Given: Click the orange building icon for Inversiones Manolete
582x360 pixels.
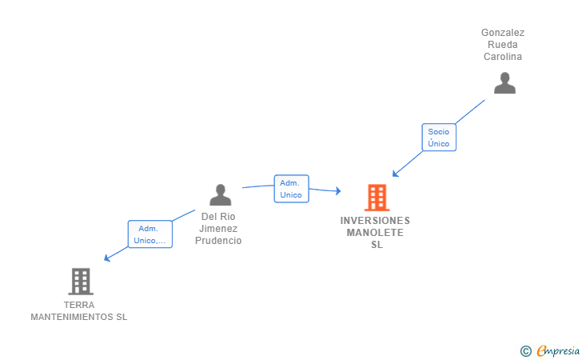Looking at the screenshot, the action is point(376,197).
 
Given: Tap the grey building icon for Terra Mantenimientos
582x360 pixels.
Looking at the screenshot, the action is point(80,282).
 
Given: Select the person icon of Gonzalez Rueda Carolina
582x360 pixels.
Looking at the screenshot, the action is point(504,83).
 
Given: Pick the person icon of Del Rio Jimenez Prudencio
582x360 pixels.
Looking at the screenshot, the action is point(220,194).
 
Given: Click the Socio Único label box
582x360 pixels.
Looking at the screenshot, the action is point(438,138).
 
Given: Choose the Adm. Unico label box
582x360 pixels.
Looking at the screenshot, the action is point(291,189).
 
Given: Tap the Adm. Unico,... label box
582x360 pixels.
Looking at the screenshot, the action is point(149,234).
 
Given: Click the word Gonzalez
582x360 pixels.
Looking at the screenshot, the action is point(503,33).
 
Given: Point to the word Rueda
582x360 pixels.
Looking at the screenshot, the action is point(503,45).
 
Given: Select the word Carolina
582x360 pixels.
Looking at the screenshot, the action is point(503,57).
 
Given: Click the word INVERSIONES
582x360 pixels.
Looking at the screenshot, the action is point(375,221).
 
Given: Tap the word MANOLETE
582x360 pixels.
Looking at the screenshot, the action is point(375,233).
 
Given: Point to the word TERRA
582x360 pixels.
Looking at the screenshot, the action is point(79,305).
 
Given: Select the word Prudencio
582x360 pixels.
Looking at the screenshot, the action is point(219,241).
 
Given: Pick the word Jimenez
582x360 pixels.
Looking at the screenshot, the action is point(219,229).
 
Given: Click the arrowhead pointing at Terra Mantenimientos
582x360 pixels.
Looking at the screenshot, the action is point(106,258).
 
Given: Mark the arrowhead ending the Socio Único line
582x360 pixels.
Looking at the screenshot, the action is point(395,174).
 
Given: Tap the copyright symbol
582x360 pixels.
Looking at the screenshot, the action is point(525,350).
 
